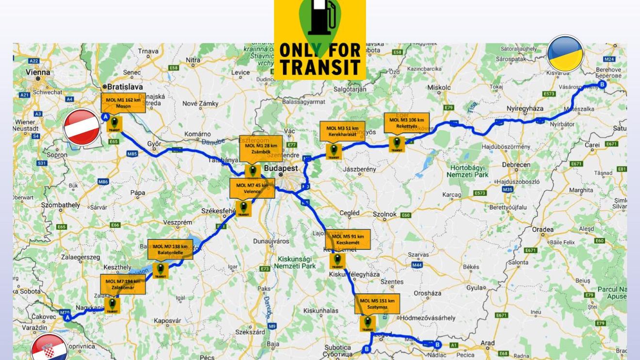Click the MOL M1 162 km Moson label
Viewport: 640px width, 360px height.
point(123,103)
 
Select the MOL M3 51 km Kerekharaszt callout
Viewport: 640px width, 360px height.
point(342,131)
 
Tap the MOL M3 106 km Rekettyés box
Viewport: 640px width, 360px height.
point(406,123)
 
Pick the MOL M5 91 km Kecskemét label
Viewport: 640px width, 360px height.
point(348,239)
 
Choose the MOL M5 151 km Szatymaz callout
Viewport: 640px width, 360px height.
point(377,304)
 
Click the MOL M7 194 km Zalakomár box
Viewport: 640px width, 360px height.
point(123,284)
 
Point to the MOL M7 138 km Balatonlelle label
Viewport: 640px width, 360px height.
point(170,249)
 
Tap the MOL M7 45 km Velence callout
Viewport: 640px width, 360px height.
point(252,188)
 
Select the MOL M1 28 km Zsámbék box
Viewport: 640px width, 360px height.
point(260,148)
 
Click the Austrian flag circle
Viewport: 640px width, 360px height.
point(82,127)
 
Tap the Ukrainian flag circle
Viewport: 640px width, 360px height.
point(565,53)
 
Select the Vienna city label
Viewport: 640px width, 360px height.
point(38,72)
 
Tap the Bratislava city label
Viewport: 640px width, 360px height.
point(125,87)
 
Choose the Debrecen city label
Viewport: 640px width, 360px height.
point(516,165)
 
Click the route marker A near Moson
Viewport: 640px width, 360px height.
point(105,116)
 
